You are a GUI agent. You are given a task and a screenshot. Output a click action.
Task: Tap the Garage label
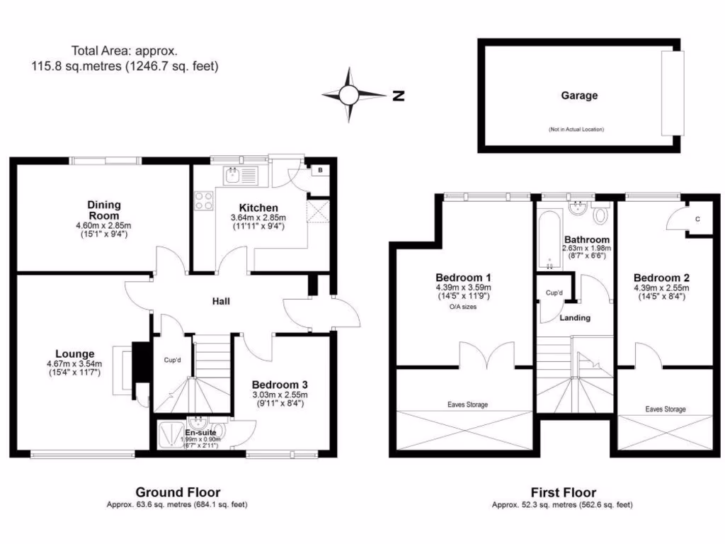(x=579, y=96)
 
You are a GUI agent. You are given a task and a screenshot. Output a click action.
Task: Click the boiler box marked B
(x=320, y=171)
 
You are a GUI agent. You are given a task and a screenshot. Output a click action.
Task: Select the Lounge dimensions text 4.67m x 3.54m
(x=75, y=365)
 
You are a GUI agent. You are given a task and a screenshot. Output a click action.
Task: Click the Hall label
(x=222, y=302)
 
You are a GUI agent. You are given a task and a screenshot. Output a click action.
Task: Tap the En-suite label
(x=200, y=431)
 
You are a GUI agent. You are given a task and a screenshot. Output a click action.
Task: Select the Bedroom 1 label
(x=464, y=277)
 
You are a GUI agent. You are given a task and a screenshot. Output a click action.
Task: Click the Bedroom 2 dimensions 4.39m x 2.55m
(x=661, y=288)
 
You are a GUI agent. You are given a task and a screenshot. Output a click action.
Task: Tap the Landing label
(x=575, y=318)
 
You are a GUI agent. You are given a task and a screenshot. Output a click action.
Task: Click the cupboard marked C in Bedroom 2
(x=697, y=220)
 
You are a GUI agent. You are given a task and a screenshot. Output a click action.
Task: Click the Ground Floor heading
(x=178, y=492)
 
